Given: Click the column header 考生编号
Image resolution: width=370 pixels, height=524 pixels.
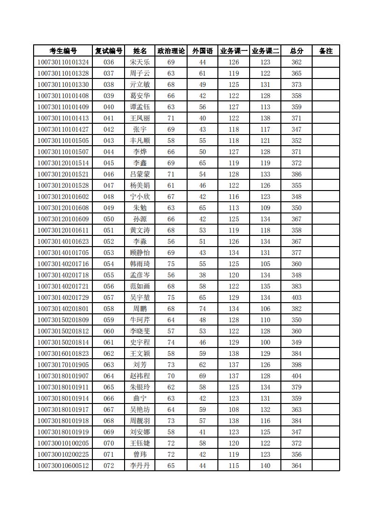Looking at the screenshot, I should pos(63,51).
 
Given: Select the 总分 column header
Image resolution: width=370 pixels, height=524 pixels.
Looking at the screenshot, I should pos(296,51).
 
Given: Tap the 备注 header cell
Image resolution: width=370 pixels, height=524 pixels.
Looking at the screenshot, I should pos(326,51).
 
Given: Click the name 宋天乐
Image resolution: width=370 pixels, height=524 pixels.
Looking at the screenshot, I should pos(140,62).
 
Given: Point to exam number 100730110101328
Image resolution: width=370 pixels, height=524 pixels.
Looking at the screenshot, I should pos(63,73).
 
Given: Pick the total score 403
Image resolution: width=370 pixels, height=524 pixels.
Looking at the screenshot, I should pos(296,297).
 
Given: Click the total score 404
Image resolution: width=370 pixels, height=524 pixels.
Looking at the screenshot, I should pos(296,376).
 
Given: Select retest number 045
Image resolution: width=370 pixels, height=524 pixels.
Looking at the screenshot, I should pos(109,163).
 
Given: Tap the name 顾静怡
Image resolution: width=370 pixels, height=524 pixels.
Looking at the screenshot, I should pos(140,253).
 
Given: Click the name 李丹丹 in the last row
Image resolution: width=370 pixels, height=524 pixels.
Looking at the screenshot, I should pos(140,466).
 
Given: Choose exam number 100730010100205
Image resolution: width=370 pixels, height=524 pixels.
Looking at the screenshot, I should pos(63,443).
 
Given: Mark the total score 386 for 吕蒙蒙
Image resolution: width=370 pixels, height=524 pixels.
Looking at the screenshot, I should pos(296,174).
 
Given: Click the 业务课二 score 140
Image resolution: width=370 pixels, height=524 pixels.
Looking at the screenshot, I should pos(265,466).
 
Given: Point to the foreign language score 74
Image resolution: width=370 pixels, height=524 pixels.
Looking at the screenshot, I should pos(202,309).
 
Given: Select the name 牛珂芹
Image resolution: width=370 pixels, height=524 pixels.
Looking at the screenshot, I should pos(140,320).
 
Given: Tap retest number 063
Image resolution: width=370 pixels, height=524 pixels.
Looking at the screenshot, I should pos(109,365).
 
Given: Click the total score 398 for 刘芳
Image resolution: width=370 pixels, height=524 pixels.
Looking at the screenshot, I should pos(296,365).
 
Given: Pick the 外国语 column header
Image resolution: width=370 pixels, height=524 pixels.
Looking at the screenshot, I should pos(202,51).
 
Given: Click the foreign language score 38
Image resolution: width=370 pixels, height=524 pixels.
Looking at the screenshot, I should pos(202,275).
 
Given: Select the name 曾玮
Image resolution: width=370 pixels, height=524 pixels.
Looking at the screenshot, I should pos(140,454).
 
